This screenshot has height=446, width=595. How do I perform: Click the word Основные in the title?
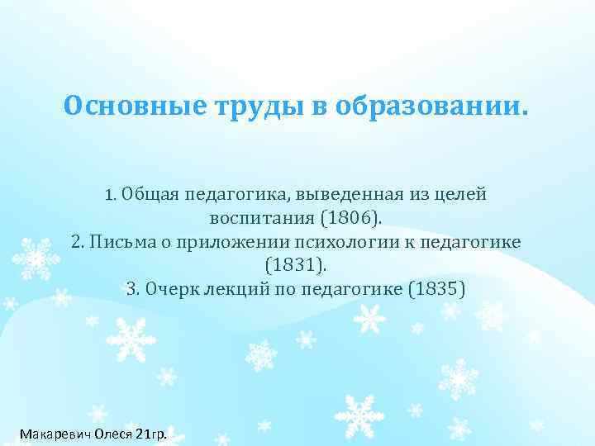(116, 107)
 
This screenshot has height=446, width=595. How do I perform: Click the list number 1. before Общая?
(112, 196)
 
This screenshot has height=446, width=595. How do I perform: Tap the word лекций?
(227, 289)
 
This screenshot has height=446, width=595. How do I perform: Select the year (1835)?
(438, 289)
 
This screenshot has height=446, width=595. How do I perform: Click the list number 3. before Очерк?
(134, 289)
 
